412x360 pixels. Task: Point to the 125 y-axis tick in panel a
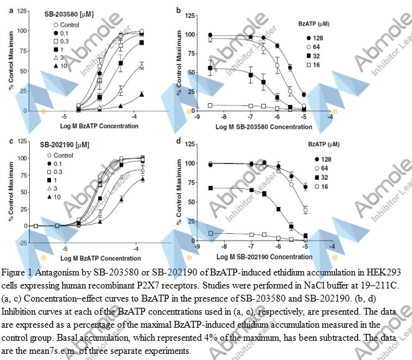21,12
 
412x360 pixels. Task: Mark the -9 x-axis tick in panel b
197,116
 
